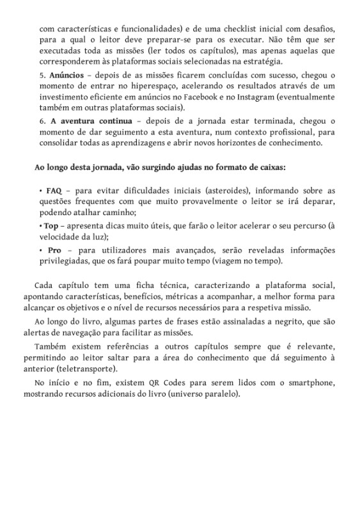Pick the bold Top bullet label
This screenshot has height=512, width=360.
click(x=54, y=227)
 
